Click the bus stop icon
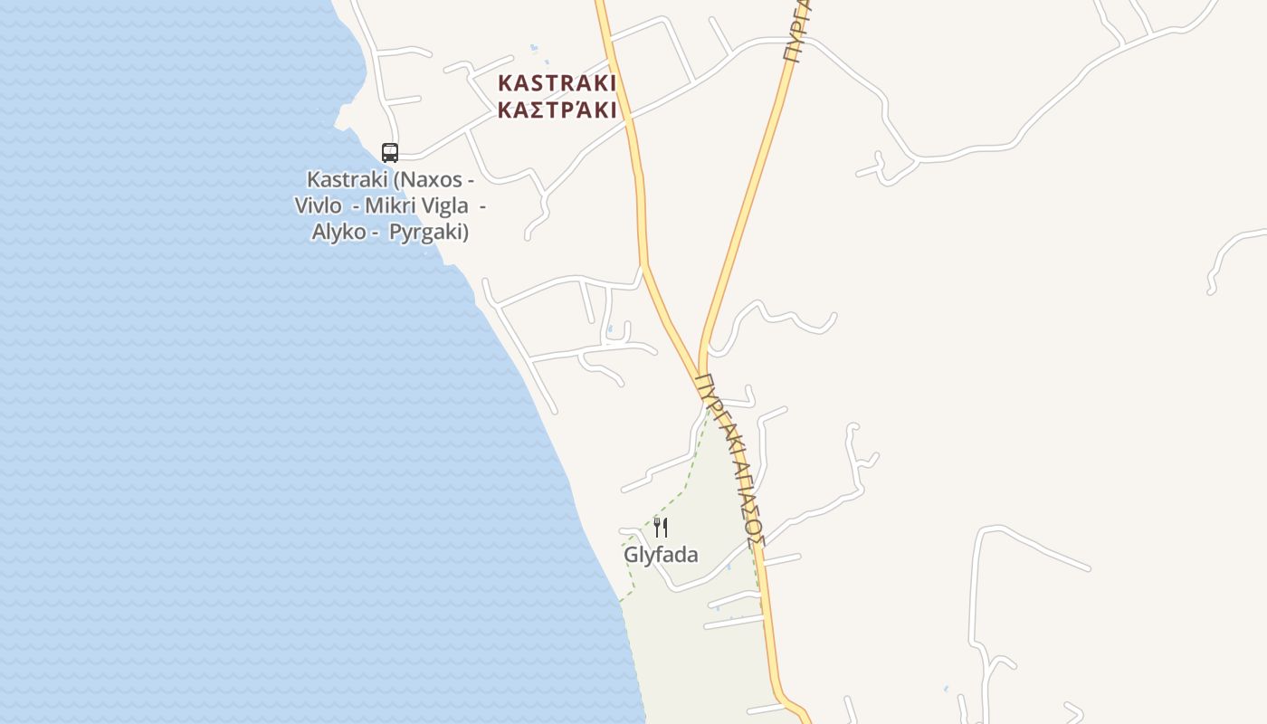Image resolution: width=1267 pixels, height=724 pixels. pos(390,153)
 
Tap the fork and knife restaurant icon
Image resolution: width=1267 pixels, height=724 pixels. pos(661,528)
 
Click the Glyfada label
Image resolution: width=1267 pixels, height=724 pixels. pos(661,555)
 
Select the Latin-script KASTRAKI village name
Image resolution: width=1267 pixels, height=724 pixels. pos(557,83)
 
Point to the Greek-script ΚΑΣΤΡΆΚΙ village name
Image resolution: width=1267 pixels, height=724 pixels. pos(557,110)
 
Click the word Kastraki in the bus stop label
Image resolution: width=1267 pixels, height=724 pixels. pos(347,179)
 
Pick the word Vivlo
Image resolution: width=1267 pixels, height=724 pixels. pos(318,205)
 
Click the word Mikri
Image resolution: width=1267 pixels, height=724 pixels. pos(388,205)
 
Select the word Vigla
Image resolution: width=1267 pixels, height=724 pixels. pos(443,205)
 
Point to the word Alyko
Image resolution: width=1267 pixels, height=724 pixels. pos(338,232)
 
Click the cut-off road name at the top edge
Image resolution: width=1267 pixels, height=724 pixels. pos(797,32)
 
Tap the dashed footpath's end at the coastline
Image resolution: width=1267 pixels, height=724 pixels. pos(620,602)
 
